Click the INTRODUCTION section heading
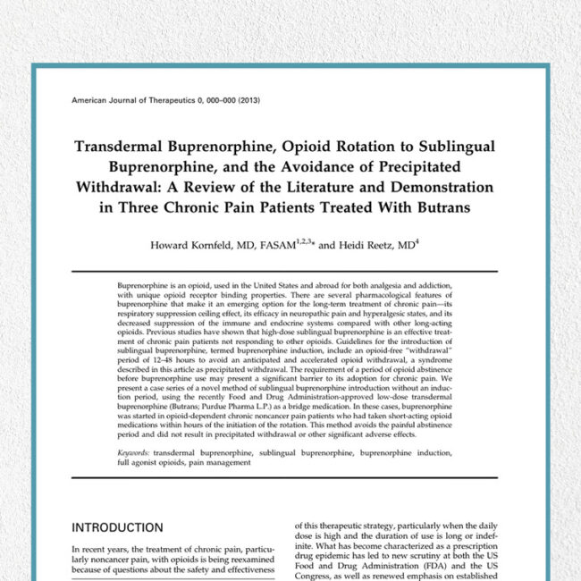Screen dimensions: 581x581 point(117,527)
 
